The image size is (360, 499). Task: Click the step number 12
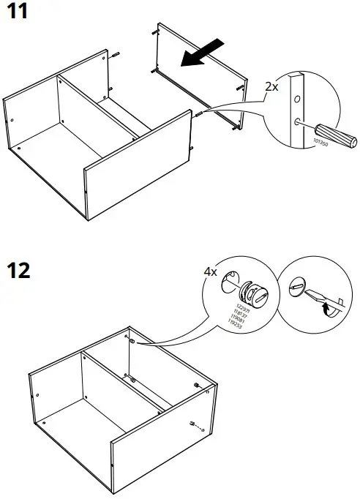point(18,270)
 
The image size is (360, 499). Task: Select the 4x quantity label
point(211,271)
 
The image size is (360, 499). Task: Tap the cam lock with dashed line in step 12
point(191,424)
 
